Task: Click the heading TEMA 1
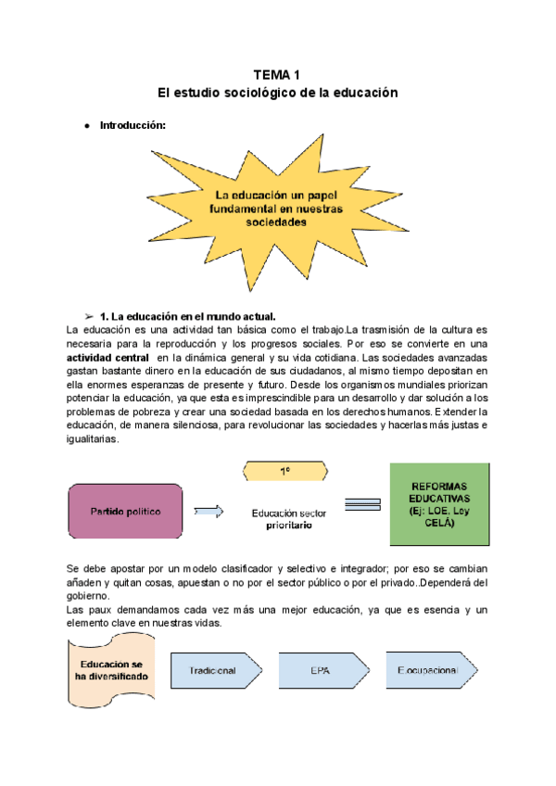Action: click(x=277, y=75)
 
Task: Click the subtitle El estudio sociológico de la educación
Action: click(x=277, y=94)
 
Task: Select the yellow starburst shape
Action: click(x=276, y=209)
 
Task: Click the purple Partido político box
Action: click(x=125, y=512)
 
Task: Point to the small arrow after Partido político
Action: click(x=208, y=511)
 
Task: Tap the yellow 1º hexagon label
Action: click(x=284, y=472)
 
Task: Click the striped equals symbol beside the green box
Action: click(x=362, y=506)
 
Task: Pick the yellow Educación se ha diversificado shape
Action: click(x=111, y=671)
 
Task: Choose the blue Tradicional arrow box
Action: click(x=214, y=670)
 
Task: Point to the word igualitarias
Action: click(x=93, y=440)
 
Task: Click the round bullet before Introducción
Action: click(x=85, y=125)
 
